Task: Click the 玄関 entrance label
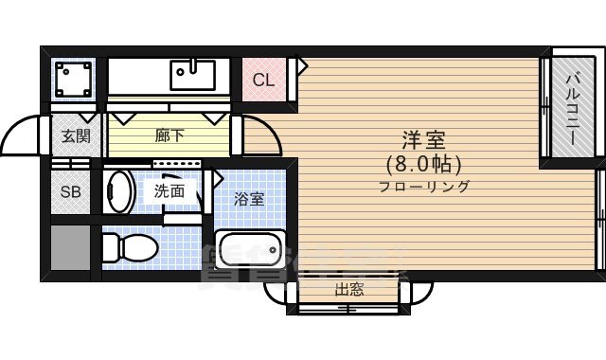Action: point(77,135)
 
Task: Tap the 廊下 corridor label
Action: point(169,135)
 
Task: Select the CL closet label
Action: point(263,80)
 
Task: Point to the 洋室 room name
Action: point(423,139)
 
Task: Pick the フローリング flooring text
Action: point(423,187)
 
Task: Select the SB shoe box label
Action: point(70,192)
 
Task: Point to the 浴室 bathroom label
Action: point(250,199)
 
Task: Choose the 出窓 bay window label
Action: point(349,290)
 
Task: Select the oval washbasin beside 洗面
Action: point(117,190)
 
